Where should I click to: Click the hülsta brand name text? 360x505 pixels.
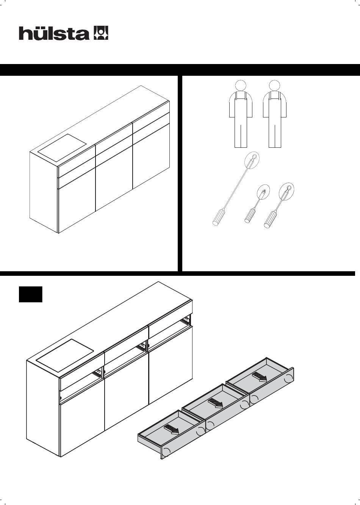pos(54,33)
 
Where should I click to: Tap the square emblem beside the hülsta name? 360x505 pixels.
pos(101,33)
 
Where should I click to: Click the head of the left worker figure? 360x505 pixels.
pos(241,86)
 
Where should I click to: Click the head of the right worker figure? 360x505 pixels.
pos(274,86)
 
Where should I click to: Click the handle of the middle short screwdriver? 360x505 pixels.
pos(250,216)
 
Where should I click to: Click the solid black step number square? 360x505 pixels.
pos(30,294)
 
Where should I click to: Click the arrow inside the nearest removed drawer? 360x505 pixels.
pos(172,429)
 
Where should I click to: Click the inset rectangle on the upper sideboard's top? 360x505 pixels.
pos(62,148)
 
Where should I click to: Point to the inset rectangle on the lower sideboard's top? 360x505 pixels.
pos(65,355)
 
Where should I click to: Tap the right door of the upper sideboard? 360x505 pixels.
pos(151,156)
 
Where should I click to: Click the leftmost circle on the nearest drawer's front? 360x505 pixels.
pos(166,452)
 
